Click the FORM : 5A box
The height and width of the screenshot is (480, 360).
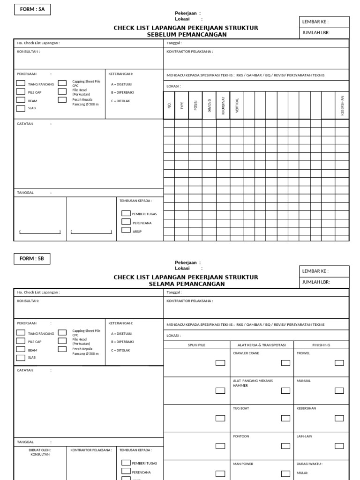[32, 9]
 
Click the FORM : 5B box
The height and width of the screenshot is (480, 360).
[32, 259]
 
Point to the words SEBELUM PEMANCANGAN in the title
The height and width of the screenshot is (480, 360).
[187, 34]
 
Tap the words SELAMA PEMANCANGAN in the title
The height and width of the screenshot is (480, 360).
[187, 284]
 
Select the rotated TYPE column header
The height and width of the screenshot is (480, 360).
[182, 106]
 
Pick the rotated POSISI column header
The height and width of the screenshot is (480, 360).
[195, 106]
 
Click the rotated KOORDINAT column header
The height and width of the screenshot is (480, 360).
[223, 106]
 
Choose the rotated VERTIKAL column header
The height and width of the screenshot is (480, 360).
[237, 106]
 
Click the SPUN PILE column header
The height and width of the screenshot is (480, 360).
[196, 345]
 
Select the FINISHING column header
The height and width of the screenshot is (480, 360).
[321, 345]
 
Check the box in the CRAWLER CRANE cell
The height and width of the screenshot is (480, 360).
[285, 363]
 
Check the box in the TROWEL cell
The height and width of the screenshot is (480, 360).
[339, 363]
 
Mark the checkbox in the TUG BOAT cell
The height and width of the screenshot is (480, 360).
[285, 418]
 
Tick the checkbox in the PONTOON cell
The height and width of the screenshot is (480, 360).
[285, 446]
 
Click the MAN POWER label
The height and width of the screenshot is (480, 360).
[243, 464]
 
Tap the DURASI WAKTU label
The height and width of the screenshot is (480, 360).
[309, 464]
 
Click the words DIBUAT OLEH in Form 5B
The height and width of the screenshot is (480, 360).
[40, 450]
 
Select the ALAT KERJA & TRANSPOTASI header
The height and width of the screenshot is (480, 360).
[262, 345]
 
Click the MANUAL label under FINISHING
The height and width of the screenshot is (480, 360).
[304, 381]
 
